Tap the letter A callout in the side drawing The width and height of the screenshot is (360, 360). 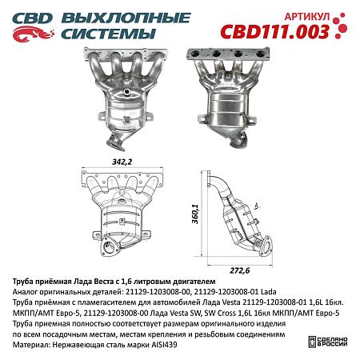coord(254,206)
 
